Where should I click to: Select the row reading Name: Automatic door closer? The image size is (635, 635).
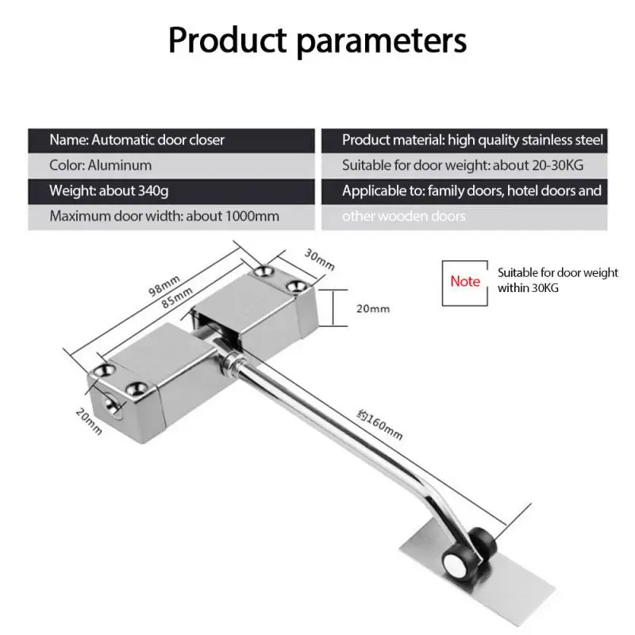click(x=171, y=140)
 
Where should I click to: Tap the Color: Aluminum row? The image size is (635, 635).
click(x=171, y=166)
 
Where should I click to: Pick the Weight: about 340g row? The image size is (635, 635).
click(x=171, y=191)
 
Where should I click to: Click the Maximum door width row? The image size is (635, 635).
click(x=171, y=216)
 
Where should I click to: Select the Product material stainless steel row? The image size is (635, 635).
click(x=464, y=140)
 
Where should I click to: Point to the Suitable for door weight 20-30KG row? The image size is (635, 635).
click(x=464, y=166)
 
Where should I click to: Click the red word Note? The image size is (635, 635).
click(x=465, y=281)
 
